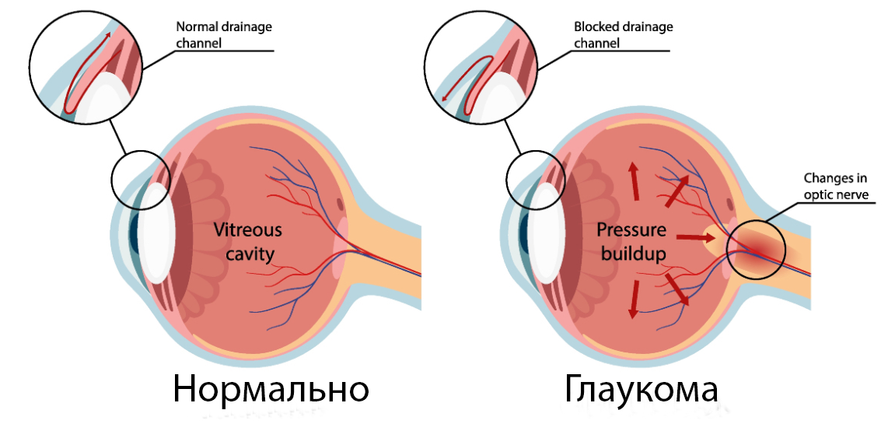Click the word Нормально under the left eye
pos(270,389)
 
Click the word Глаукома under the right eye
pos(642,389)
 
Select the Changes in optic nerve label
pos(835,187)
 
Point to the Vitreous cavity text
pos(248,242)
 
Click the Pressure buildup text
pos(631,242)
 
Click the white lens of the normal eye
pos(158,233)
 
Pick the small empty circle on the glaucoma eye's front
pos(535,178)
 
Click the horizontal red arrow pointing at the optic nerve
pos(691,235)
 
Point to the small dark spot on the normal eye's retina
pos(339,205)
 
